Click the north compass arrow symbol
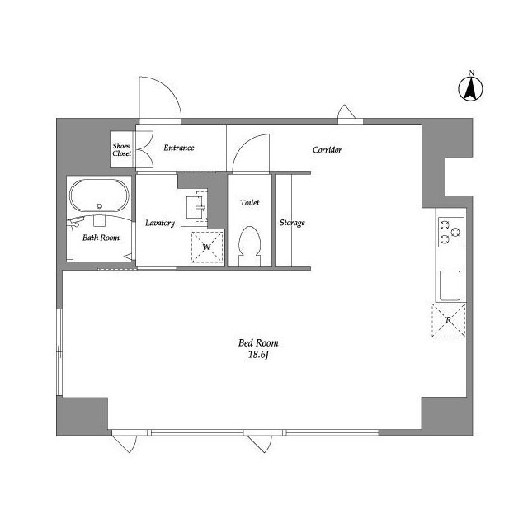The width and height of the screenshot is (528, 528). point(470,88)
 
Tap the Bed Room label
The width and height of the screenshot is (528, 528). point(258,343)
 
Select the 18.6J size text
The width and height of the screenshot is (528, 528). point(258,355)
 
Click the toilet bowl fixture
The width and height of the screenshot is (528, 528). point(249,246)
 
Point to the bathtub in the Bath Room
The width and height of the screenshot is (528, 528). point(99,196)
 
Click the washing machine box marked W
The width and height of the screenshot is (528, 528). point(207,247)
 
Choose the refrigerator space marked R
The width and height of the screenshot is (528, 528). point(449,320)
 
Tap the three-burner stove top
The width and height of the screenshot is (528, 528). point(451,232)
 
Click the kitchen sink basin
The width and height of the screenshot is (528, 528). point(450,285)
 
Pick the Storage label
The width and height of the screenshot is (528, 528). point(292,223)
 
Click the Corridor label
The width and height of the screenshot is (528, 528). point(327,150)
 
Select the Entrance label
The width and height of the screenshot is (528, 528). point(179,148)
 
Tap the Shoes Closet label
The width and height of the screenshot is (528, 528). point(121,150)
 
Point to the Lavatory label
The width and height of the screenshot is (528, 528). point(160,223)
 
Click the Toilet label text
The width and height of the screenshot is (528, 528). point(250,202)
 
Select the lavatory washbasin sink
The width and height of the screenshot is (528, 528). point(195,207)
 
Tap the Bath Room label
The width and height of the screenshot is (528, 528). point(101,238)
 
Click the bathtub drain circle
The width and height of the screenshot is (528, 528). point(99,206)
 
